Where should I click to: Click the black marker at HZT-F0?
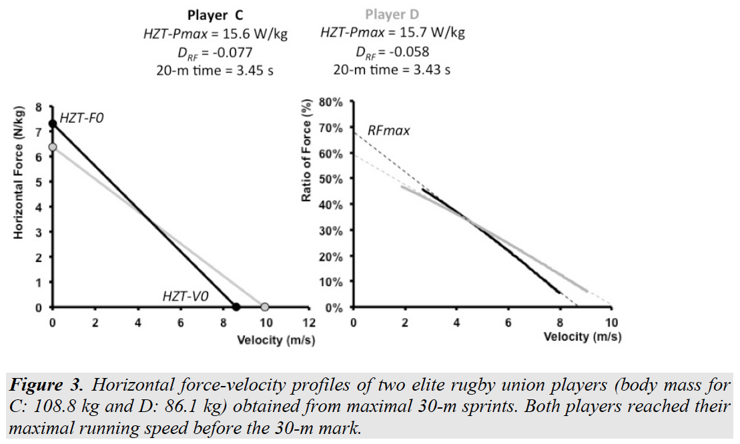click(x=53, y=124)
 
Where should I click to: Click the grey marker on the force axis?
click(x=53, y=147)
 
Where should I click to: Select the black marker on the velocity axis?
click(x=236, y=307)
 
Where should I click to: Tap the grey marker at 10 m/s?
click(x=265, y=307)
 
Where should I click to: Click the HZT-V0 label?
click(x=185, y=295)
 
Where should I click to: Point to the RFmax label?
click(x=388, y=131)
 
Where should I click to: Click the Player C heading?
click(x=216, y=15)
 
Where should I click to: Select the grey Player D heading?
click(x=393, y=15)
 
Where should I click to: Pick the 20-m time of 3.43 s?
click(x=426, y=70)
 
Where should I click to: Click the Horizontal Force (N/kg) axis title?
click(x=19, y=172)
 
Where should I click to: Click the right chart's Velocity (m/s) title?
click(x=582, y=337)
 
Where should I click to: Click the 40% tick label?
click(x=332, y=205)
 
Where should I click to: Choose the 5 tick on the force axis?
click(x=39, y=182)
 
